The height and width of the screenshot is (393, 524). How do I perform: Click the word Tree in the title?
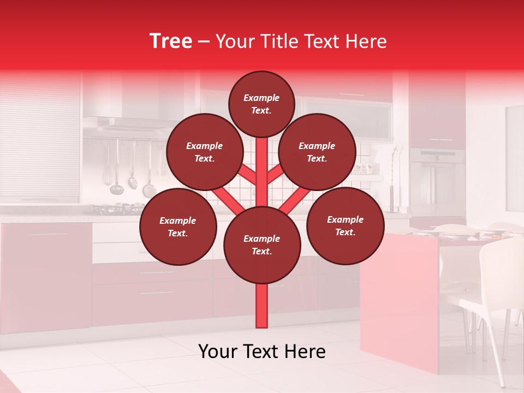click(171, 41)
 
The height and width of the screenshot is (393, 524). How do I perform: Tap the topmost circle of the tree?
click(261, 104)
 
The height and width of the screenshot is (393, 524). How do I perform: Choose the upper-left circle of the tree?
click(205, 152)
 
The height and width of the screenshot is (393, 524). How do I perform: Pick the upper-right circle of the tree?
click(317, 152)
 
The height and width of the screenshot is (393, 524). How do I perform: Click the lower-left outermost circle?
click(178, 227)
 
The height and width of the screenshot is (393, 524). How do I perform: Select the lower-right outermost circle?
click(345, 225)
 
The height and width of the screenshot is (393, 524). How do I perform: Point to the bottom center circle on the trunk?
click(262, 245)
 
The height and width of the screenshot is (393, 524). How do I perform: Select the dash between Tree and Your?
click(204, 41)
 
